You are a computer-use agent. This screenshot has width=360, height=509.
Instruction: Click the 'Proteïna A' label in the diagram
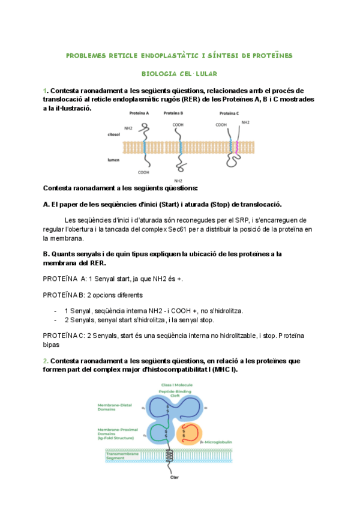pyautogui.click(x=139, y=113)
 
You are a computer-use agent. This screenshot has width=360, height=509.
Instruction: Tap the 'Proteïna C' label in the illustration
pyautogui.click(x=229, y=113)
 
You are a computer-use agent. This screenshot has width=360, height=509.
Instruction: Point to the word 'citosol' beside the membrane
pyautogui.click(x=113, y=136)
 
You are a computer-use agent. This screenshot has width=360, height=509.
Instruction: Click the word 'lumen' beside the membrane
pyautogui.click(x=113, y=160)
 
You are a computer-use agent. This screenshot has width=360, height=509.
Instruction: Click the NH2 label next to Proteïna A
pyautogui.click(x=128, y=128)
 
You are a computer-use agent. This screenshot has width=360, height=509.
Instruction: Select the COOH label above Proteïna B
pyautogui.click(x=178, y=125)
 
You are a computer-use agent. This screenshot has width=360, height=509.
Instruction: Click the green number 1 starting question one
pyautogui.click(x=44, y=91)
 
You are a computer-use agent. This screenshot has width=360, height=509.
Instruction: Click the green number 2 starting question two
pyautogui.click(x=45, y=361)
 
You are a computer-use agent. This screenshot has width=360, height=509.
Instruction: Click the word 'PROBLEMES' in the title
pyautogui.click(x=86, y=56)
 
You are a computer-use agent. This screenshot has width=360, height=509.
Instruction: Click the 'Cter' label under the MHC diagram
pyautogui.click(x=175, y=477)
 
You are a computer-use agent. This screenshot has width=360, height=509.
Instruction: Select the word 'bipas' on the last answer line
pyautogui.click(x=52, y=345)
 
